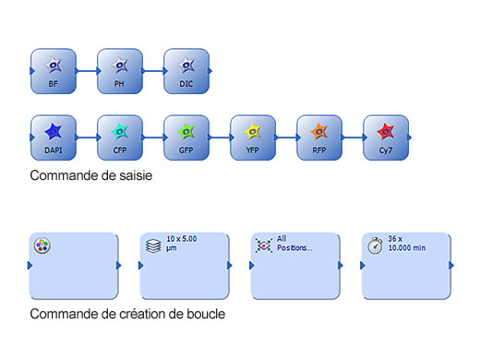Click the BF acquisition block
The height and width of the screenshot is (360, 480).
pyautogui.click(x=53, y=70)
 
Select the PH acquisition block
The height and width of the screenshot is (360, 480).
pyautogui.click(x=119, y=70)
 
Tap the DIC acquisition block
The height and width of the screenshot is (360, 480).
pyautogui.click(x=186, y=70)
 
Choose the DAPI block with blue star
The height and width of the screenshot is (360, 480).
pyautogui.click(x=53, y=138)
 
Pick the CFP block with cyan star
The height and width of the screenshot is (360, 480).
pyautogui.click(x=119, y=138)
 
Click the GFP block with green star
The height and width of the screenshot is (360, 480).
pyautogui.click(x=186, y=138)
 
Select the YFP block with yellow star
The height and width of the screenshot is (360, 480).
pyautogui.click(x=252, y=138)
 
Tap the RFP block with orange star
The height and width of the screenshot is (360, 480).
pyautogui.click(x=318, y=138)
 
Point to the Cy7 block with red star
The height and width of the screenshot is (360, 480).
pyautogui.click(x=386, y=138)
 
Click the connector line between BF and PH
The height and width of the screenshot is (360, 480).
pyautogui.click(x=86, y=70)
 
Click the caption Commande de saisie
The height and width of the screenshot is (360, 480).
pyautogui.click(x=90, y=174)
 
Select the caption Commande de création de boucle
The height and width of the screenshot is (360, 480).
pyautogui.click(x=127, y=314)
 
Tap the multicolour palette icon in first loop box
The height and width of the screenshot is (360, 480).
pyautogui.click(x=42, y=246)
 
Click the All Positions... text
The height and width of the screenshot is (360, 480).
pyautogui.click(x=294, y=244)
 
